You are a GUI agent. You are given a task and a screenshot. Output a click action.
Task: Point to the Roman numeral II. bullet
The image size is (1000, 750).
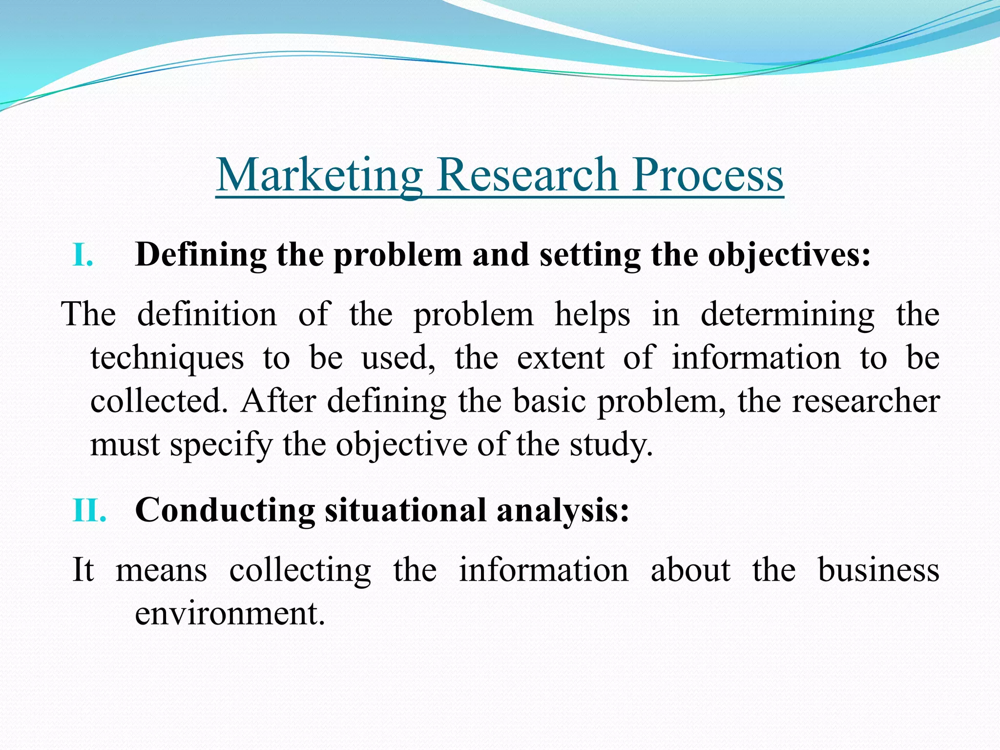(x=89, y=510)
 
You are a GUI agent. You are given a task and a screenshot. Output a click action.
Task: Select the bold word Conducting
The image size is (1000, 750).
(x=225, y=511)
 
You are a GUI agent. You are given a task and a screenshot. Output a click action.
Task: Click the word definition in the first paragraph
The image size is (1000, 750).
(x=207, y=313)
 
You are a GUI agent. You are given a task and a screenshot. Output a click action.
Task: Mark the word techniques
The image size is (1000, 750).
(x=167, y=358)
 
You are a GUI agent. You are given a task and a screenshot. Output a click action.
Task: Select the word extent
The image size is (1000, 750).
(x=561, y=357)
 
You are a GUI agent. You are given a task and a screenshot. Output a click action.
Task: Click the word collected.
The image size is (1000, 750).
(x=159, y=401)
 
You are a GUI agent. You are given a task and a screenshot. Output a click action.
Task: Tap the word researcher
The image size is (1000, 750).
(x=865, y=401)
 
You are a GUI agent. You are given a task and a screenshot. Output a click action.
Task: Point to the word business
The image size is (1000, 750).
(x=878, y=569)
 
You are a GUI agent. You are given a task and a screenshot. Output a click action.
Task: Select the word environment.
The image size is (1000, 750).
(x=229, y=613)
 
